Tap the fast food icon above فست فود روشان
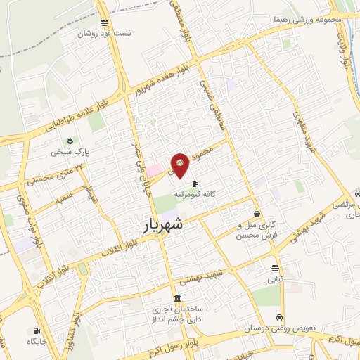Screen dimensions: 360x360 click(x=104, y=22)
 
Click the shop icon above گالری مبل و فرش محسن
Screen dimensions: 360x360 click(x=257, y=213)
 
